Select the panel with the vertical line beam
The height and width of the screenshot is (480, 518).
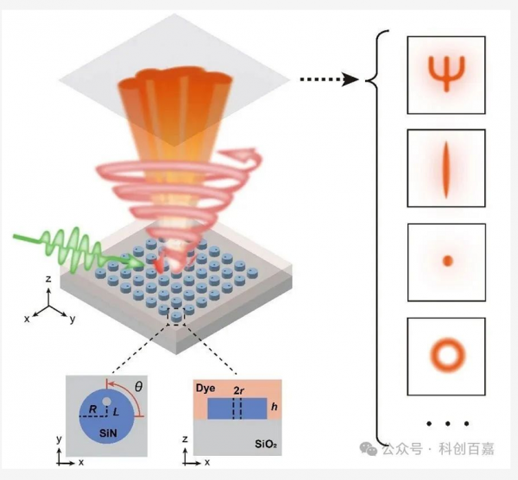[x=445, y=167]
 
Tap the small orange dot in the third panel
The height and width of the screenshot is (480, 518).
[x=446, y=260]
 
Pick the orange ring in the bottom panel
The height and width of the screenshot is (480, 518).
[x=446, y=352]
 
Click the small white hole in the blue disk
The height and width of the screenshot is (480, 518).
[x=105, y=400]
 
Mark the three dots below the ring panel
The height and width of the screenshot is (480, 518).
[x=445, y=423]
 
